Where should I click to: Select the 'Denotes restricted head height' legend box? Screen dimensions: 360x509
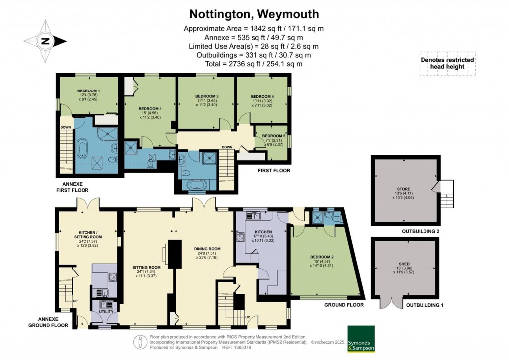(x=447, y=63)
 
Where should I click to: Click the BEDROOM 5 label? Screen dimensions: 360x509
(x=272, y=136)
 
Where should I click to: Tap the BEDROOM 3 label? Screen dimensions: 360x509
(x=207, y=96)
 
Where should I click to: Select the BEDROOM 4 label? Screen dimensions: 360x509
(x=262, y=96)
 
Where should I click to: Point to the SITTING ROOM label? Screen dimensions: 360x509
(x=146, y=267)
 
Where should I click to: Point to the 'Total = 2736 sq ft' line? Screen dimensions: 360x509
(x=254, y=64)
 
